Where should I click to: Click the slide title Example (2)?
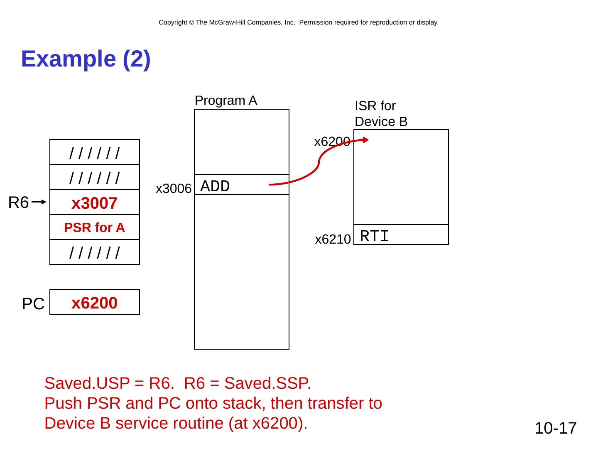pyautogui.click(x=86, y=59)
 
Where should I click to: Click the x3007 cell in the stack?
pyautogui.click(x=95, y=203)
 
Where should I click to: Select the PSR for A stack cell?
pyautogui.click(x=95, y=227)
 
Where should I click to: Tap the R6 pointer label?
pyautogui.click(x=18, y=203)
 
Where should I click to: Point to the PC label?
pyautogui.click(x=33, y=304)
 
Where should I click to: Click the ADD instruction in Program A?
pyautogui.click(x=215, y=187)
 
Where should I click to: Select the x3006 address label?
pyautogui.click(x=173, y=189)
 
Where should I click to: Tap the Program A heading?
pyautogui.click(x=226, y=101)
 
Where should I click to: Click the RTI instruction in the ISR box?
pyautogui.click(x=374, y=236)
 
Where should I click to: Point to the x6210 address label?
pyautogui.click(x=333, y=239)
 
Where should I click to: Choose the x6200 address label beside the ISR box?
pyautogui.click(x=332, y=142)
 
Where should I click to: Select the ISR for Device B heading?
pyautogui.click(x=381, y=113)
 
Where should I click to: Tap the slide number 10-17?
pyautogui.click(x=555, y=428)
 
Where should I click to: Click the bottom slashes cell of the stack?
pyautogui.click(x=95, y=252)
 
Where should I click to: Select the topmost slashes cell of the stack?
pyautogui.click(x=95, y=153)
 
